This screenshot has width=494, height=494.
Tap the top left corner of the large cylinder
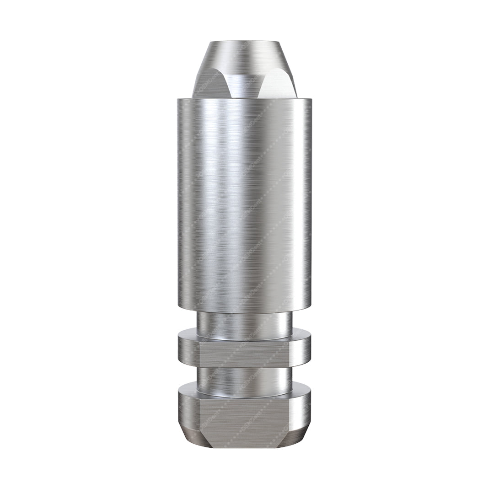pos(178,100)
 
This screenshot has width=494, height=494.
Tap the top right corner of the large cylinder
pos(311,100)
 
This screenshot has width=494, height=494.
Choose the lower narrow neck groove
pos(244,381)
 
